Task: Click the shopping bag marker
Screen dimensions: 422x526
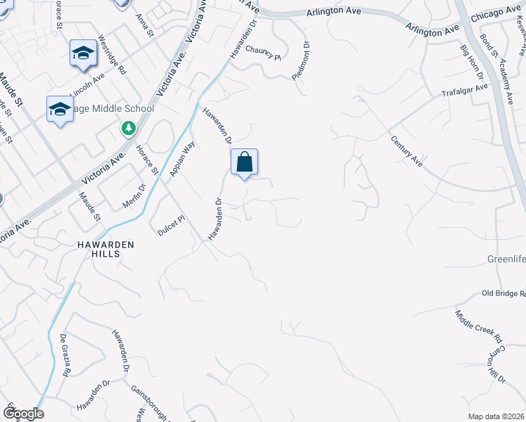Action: point(244,162)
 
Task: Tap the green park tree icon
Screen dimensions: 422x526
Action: point(128,128)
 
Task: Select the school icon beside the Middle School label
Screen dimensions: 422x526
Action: point(60,110)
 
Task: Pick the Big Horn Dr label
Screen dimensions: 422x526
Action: point(473,62)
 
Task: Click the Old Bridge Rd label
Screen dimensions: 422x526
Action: point(503,293)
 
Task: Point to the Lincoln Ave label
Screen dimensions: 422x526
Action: point(88,84)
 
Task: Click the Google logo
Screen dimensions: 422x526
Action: point(23,414)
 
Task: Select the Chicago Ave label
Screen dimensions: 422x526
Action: point(496,14)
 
